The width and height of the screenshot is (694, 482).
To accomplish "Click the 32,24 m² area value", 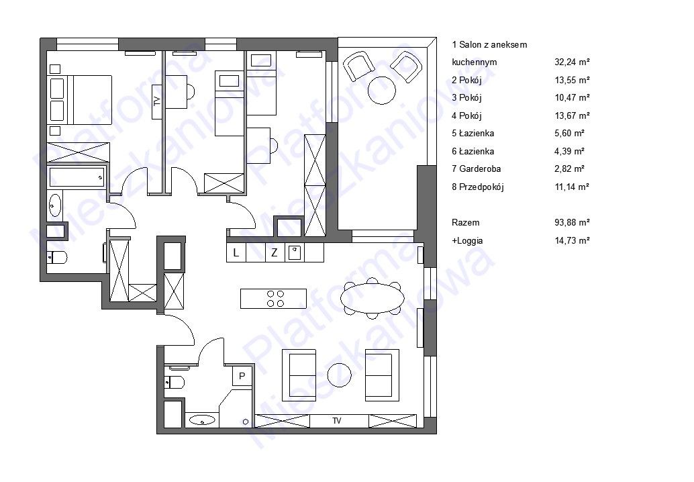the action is click(x=572, y=62).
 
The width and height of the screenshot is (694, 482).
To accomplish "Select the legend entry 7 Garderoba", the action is click(x=477, y=168).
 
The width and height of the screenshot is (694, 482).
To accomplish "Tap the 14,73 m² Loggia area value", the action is click(x=572, y=240).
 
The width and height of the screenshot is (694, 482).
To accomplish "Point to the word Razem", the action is click(x=465, y=222).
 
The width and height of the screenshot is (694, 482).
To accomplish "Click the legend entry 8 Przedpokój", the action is click(x=478, y=187).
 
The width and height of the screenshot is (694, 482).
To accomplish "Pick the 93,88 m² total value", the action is click(x=572, y=222).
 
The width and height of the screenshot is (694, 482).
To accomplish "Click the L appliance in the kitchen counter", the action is click(x=236, y=252).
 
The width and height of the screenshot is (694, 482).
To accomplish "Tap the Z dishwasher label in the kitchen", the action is click(x=275, y=252).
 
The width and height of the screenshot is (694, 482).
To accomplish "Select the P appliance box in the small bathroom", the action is click(x=242, y=376).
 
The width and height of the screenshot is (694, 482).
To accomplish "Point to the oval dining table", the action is click(x=373, y=298).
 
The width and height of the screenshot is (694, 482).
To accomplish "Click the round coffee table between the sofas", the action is click(x=340, y=375).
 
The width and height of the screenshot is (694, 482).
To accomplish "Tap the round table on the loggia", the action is click(x=382, y=91).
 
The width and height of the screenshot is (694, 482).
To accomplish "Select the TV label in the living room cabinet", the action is click(x=337, y=421).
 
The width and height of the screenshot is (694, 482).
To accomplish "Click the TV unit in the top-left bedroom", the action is click(x=157, y=101).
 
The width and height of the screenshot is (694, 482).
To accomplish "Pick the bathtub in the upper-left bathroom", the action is click(x=77, y=177).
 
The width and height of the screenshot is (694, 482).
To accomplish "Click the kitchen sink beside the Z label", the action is click(x=295, y=252).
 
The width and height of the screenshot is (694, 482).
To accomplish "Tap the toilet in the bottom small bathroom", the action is click(x=175, y=381).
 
